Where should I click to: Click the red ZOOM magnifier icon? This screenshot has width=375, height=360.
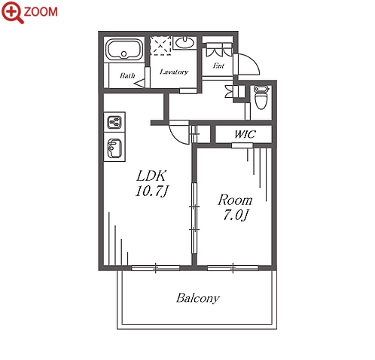pyautogui.click(x=12, y=12)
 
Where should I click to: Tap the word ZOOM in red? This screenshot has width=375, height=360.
pyautogui.click(x=41, y=12)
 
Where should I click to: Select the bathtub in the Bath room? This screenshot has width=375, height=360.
pyautogui.click(x=124, y=49)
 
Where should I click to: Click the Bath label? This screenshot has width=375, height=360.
pyautogui.click(x=127, y=75)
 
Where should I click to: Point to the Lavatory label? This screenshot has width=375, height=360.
pyautogui.click(x=174, y=72)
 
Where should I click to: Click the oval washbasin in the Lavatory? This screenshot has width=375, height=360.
pyautogui.click(x=185, y=43)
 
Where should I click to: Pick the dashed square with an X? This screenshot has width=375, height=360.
pyautogui.click(x=160, y=46)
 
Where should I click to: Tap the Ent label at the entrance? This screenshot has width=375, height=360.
pyautogui.click(x=218, y=66)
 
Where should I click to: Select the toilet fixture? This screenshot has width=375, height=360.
pyautogui.click(x=261, y=97)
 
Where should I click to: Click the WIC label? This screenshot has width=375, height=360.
pyautogui.click(x=245, y=134)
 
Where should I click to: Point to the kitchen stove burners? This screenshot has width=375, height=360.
pyautogui.click(x=114, y=122)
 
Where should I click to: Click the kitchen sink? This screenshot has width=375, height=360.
pyautogui.click(x=114, y=148)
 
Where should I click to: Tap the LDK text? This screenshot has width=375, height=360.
pyautogui.click(x=151, y=175)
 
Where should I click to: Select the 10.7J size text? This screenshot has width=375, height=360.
pyautogui.click(x=151, y=191)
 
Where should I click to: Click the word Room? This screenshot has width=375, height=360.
pyautogui.click(x=235, y=200)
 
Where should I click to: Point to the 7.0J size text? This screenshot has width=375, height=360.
pyautogui.click(x=236, y=215)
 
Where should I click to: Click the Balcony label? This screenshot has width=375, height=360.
pyautogui.click(x=198, y=298)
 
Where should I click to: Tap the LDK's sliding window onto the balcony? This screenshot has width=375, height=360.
pyautogui.click(x=156, y=268)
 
